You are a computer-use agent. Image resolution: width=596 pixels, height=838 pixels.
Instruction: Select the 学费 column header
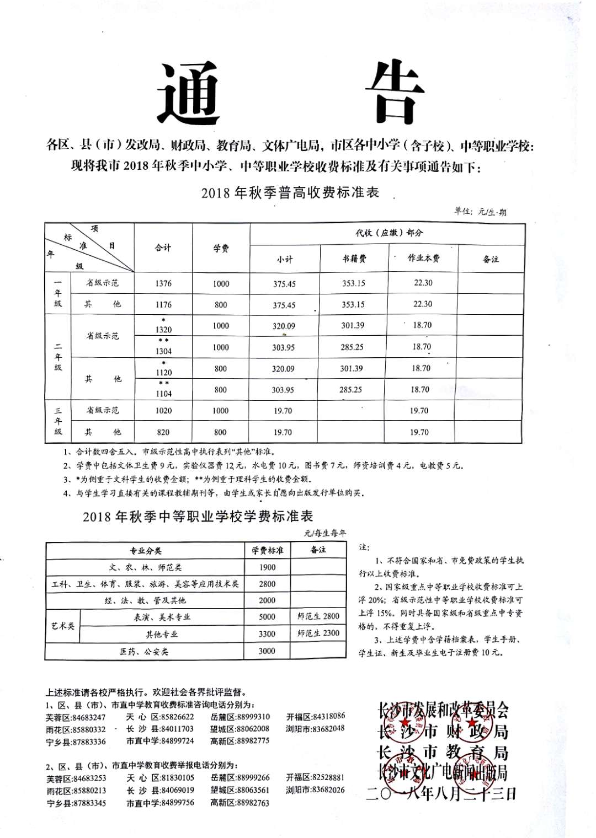pos(221,249)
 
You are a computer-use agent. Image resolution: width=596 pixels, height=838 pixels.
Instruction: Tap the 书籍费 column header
pos(354,259)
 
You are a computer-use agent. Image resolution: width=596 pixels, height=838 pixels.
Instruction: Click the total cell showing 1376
pos(163,283)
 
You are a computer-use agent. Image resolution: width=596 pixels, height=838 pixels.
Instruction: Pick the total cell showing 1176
pos(163,304)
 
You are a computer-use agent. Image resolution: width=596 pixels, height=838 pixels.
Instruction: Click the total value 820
pos(163,432)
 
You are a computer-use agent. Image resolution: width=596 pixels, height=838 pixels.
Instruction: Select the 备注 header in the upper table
pos(491,259)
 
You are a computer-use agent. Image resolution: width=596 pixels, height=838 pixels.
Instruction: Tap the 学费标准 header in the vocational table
pos(268,550)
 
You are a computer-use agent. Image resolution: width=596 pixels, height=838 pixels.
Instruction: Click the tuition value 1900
pos(267,567)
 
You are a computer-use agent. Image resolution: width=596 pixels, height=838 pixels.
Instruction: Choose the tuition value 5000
pos(267,617)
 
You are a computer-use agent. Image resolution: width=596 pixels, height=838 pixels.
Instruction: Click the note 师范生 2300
pos(318,633)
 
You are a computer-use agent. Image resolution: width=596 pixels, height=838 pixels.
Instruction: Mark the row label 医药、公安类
pos(144,652)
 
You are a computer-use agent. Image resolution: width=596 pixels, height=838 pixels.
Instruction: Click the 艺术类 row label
pos(63,626)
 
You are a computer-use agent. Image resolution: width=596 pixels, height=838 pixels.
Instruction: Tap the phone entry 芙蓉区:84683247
pos(76,717)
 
